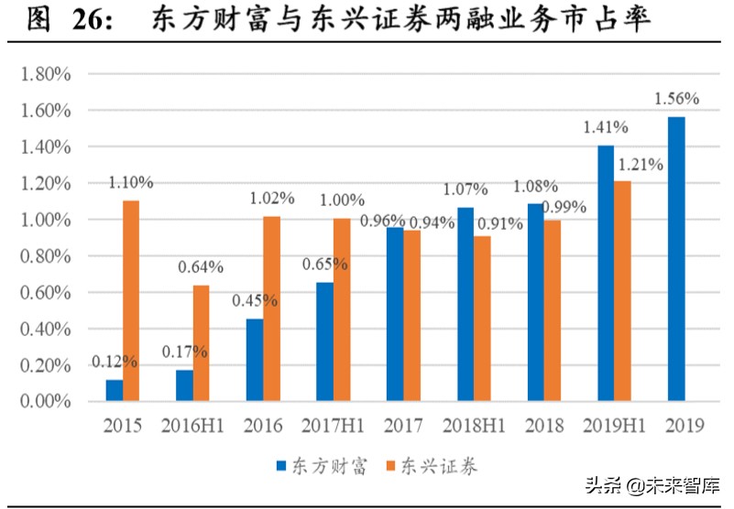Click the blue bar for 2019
tap(676, 259)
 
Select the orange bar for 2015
tap(131, 301)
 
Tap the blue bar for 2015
tap(114, 390)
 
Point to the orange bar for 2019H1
tap(623, 291)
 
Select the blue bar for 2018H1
tap(466, 304)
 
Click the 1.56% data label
tap(676, 98)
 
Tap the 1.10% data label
tap(131, 182)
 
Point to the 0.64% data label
tap(202, 267)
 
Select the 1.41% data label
tap(605, 127)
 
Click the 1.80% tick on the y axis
tap(46, 74)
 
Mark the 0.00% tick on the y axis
tap(46, 402)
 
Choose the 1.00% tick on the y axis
tap(46, 220)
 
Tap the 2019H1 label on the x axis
tap(614, 427)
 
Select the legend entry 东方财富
tap(321, 466)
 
